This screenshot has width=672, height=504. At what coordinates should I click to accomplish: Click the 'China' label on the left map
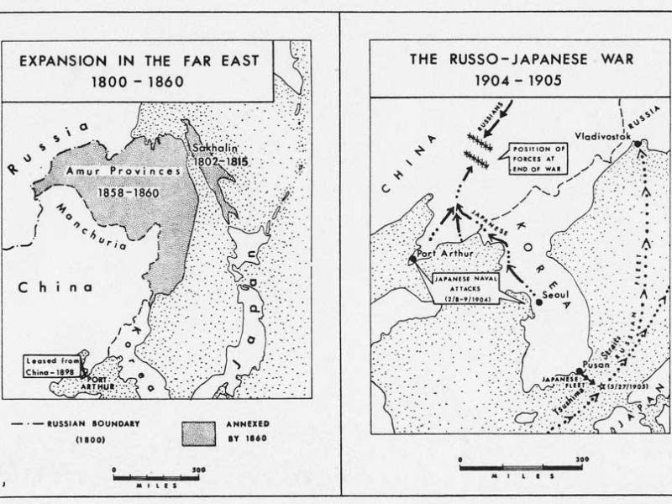coord(55,287)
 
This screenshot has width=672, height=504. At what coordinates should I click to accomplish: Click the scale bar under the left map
coord(155,477)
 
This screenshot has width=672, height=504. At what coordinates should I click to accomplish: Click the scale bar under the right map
coord(521,469)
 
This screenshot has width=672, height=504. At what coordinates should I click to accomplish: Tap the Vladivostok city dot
coord(638,143)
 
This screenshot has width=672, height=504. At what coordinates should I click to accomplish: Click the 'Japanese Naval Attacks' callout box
coord(462,287)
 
